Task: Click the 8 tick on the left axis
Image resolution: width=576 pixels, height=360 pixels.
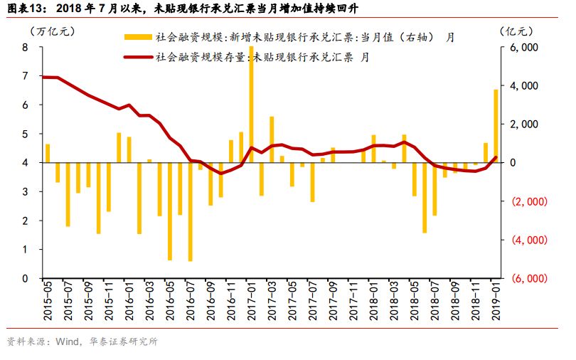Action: (x=26, y=47)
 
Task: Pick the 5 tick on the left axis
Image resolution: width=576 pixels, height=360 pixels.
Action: (x=26, y=134)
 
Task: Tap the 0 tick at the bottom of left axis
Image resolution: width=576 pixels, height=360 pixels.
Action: (x=26, y=278)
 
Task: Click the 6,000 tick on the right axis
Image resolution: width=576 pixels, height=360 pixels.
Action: (x=523, y=47)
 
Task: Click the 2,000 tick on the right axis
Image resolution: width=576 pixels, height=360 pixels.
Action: (x=523, y=124)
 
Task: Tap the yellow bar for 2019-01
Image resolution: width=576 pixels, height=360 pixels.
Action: (x=496, y=125)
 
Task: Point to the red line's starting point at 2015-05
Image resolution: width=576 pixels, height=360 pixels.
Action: (x=45, y=77)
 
